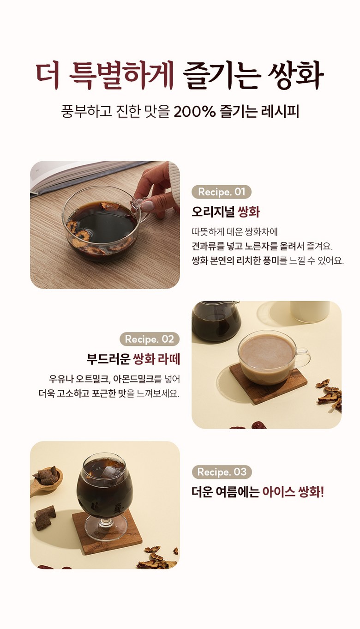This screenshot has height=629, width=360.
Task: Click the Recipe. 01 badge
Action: pos(222,192)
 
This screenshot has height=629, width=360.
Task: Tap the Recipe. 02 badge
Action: pos(150,339)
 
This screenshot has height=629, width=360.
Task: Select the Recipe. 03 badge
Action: pos(222,472)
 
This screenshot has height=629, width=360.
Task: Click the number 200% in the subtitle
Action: pos(195,111)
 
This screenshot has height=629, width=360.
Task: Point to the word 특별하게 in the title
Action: pos(122,75)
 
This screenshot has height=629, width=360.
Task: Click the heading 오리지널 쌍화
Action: pos(226,212)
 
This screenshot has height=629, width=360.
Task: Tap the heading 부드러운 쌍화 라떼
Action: pos(133,359)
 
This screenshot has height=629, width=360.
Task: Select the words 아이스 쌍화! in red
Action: pos(293,492)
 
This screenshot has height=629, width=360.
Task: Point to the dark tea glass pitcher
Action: pos(216,321)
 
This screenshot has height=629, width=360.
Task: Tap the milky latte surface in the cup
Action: pos(267,351)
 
